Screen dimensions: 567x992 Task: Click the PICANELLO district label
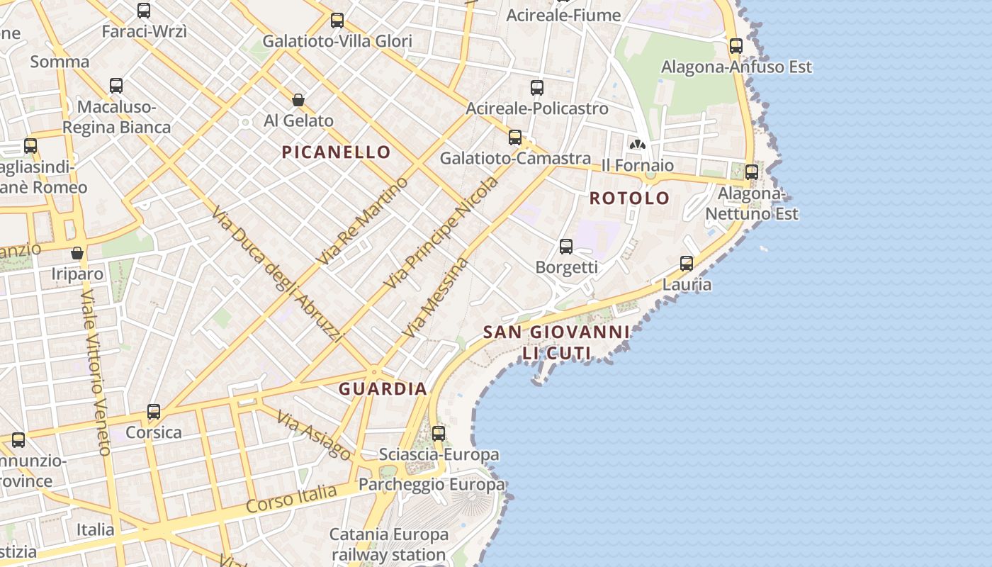336,152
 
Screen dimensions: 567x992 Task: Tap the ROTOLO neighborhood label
629,198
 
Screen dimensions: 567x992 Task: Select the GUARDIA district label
383,388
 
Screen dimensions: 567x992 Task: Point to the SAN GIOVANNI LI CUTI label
556,342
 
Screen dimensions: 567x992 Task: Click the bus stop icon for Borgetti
566,247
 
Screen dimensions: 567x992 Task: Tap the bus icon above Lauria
687,264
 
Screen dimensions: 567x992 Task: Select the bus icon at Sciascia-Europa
439,433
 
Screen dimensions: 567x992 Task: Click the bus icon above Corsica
154,412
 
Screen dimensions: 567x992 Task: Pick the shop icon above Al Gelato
298,100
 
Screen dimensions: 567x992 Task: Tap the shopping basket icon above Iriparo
77,253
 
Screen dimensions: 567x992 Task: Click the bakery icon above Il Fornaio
638,145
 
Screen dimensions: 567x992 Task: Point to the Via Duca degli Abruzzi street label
277,275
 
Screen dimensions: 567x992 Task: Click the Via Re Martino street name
362,220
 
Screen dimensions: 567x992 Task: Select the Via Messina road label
435,297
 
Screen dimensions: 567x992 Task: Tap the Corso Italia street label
291,498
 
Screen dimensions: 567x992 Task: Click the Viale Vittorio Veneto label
96,372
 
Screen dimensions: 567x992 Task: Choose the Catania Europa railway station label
389,544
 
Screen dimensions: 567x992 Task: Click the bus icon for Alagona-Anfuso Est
736,46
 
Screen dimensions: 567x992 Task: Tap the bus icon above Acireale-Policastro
537,88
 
